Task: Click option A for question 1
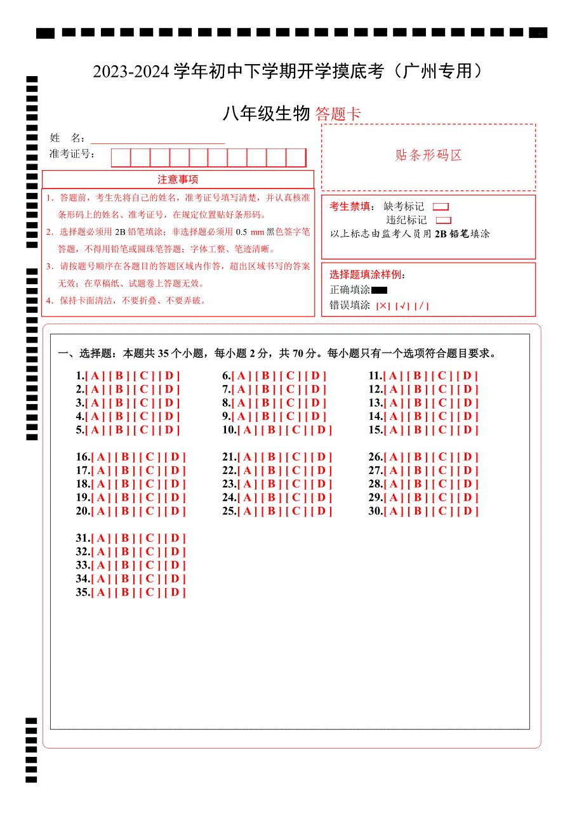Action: (x=97, y=376)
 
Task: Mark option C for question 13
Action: (x=442, y=403)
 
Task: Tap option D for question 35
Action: (x=175, y=593)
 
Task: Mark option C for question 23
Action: (x=296, y=484)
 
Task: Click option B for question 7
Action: (x=266, y=390)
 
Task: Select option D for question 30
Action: (x=467, y=511)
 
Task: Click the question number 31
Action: (x=83, y=539)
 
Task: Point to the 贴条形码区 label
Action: (x=428, y=155)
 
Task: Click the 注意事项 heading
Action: (x=178, y=180)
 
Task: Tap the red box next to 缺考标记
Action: (x=441, y=207)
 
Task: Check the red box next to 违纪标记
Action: (x=444, y=221)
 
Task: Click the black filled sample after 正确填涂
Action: (x=379, y=291)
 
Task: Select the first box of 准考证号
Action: (x=121, y=157)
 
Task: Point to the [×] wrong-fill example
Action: (x=383, y=306)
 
